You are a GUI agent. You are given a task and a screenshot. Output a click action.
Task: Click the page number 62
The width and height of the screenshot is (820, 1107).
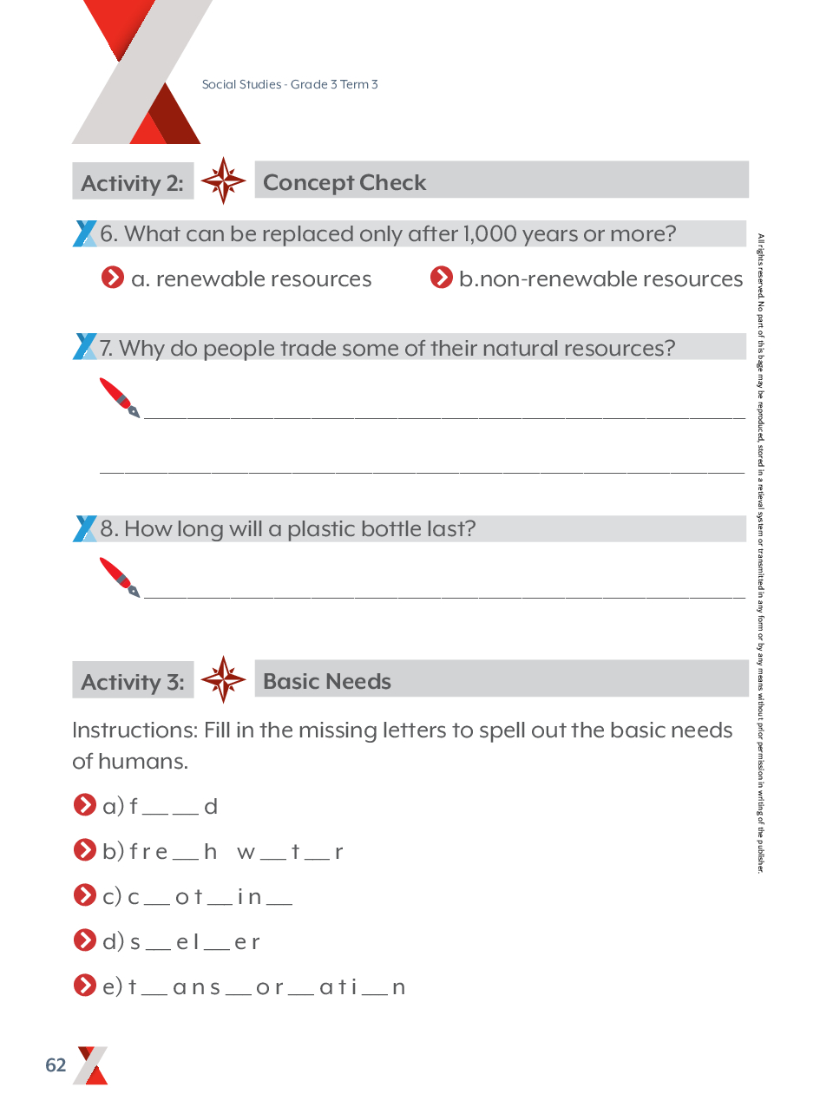pyautogui.click(x=56, y=1065)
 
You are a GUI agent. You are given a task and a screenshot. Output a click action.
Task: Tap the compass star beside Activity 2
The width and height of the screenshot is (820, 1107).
pyautogui.click(x=223, y=181)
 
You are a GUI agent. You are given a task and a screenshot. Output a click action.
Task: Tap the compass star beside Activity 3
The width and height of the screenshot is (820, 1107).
pyautogui.click(x=223, y=679)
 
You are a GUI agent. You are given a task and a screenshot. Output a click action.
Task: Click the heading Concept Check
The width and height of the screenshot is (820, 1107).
pyautogui.click(x=344, y=183)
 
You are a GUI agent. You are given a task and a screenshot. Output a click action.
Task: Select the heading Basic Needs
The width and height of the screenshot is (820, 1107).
pyautogui.click(x=326, y=682)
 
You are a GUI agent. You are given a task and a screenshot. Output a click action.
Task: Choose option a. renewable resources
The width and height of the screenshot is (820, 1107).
pyautogui.click(x=251, y=278)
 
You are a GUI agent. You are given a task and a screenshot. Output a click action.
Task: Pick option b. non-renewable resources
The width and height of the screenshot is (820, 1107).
pyautogui.click(x=600, y=278)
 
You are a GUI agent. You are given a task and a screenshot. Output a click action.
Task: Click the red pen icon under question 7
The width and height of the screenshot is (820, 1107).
pyautogui.click(x=119, y=397)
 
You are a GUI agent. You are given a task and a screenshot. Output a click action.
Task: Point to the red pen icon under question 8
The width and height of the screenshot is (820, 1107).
pyautogui.click(x=119, y=578)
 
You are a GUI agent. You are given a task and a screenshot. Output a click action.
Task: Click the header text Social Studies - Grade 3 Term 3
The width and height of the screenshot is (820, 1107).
pyautogui.click(x=290, y=84)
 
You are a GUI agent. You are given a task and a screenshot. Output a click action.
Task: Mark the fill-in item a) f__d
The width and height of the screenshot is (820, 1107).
pyautogui.click(x=174, y=807)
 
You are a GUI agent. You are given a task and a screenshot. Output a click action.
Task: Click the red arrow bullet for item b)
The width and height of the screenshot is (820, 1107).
pyautogui.click(x=84, y=850)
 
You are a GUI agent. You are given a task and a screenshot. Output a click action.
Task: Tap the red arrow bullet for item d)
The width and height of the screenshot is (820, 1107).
pyautogui.click(x=84, y=940)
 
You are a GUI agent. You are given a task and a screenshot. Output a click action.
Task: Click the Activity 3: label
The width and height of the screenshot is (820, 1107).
pyautogui.click(x=133, y=682)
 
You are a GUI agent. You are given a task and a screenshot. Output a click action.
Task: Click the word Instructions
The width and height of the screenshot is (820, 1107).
pyautogui.click(x=134, y=730)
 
